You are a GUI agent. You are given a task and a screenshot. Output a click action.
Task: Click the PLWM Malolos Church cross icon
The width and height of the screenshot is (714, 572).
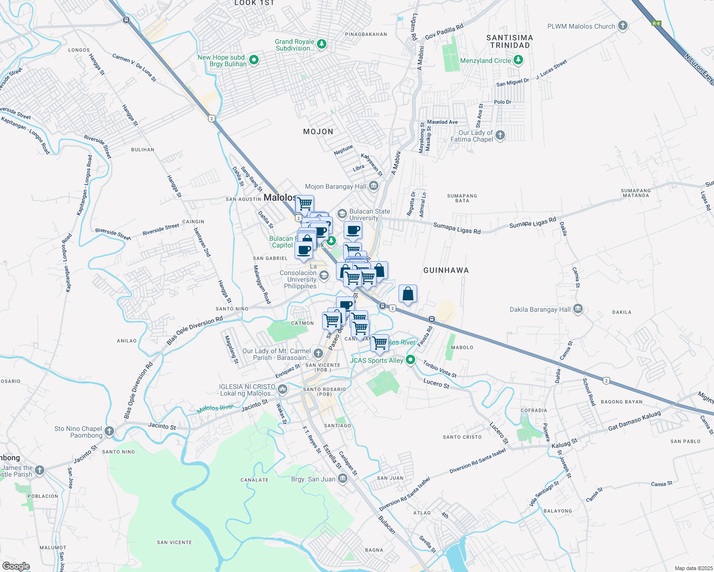tap(622, 26)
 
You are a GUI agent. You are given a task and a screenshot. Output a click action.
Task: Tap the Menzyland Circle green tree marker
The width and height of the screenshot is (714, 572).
tap(518, 60)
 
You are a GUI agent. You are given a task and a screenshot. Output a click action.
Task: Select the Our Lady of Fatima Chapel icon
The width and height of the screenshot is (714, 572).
tap(500, 135)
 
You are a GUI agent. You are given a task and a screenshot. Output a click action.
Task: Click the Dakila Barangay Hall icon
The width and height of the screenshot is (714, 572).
tap(578, 309)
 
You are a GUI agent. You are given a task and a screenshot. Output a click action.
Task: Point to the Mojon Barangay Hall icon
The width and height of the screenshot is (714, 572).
tap(374, 186)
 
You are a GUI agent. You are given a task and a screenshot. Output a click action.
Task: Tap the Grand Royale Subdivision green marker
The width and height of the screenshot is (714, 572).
tap(322, 44)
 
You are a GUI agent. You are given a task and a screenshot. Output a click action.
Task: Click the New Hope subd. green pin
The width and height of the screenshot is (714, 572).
tap(254, 60)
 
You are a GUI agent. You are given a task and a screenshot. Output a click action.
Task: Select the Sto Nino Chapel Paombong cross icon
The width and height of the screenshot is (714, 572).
tap(109, 431)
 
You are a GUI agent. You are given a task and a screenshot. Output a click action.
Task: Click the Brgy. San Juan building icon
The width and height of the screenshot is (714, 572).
tap(342, 479)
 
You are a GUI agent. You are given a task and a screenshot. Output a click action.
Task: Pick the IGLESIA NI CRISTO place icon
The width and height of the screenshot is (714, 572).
tap(282, 389)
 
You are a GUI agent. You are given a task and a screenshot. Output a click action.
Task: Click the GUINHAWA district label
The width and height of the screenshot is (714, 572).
tap(446, 270)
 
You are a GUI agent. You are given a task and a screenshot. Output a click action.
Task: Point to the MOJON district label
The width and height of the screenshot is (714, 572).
tap(318, 132)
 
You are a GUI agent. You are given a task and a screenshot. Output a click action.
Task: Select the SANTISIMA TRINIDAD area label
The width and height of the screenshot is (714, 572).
tap(510, 41)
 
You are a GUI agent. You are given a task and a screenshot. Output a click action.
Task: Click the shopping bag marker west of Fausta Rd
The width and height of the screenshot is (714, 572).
tap(408, 294)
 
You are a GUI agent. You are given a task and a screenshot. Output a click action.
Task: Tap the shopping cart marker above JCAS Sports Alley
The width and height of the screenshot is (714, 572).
tap(379, 343)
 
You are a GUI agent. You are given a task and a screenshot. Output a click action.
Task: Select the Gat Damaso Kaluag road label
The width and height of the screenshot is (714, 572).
tap(634, 421)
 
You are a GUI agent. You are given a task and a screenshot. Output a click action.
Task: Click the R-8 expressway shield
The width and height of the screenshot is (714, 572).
tap(656, 23)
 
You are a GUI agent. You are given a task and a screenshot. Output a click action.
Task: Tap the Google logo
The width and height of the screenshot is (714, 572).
tap(16, 566)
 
